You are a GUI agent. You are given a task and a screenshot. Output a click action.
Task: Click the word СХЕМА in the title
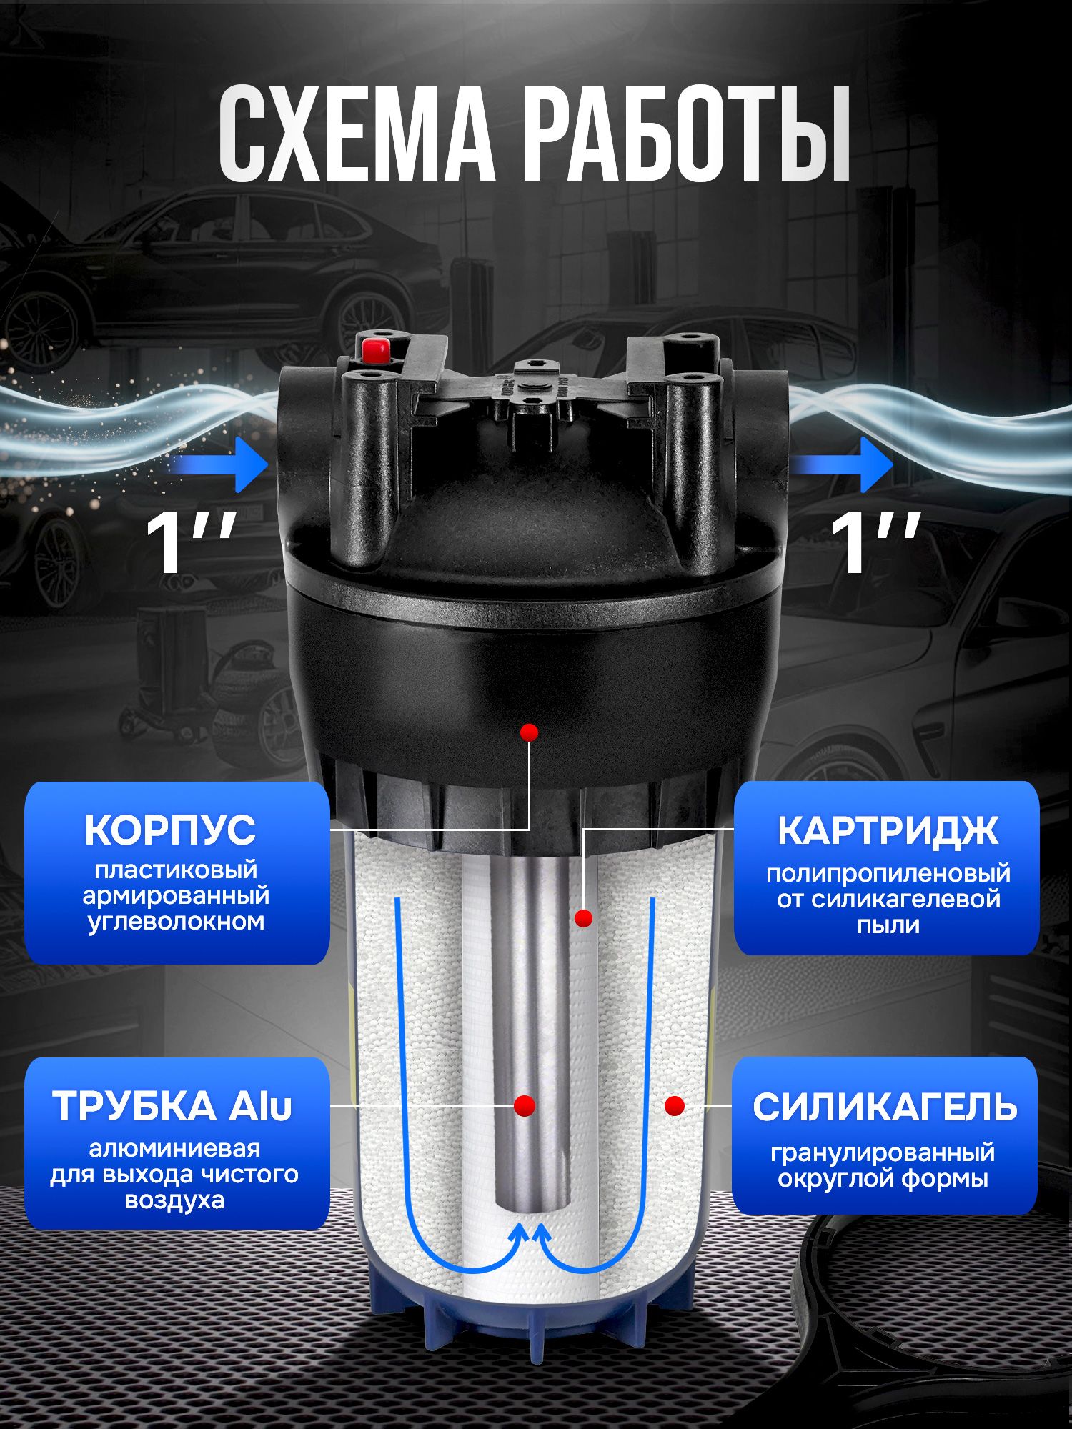click(357, 134)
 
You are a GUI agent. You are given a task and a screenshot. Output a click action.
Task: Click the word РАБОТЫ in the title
click(687, 134)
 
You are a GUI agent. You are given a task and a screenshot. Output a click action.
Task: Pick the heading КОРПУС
click(170, 830)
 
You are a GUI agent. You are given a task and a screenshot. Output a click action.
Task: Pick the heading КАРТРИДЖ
click(888, 831)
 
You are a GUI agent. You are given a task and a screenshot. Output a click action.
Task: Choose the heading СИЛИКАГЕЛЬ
click(885, 1108)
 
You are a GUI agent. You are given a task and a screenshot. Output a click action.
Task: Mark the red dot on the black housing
click(529, 732)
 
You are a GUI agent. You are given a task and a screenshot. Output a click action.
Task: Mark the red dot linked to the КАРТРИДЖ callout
click(584, 918)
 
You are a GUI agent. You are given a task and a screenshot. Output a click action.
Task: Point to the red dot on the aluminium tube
click(525, 1105)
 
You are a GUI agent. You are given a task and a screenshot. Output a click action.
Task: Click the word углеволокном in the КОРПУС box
click(176, 922)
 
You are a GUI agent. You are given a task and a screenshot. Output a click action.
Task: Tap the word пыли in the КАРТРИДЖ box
click(888, 926)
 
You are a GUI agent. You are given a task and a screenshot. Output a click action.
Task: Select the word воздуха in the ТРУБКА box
click(174, 1200)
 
